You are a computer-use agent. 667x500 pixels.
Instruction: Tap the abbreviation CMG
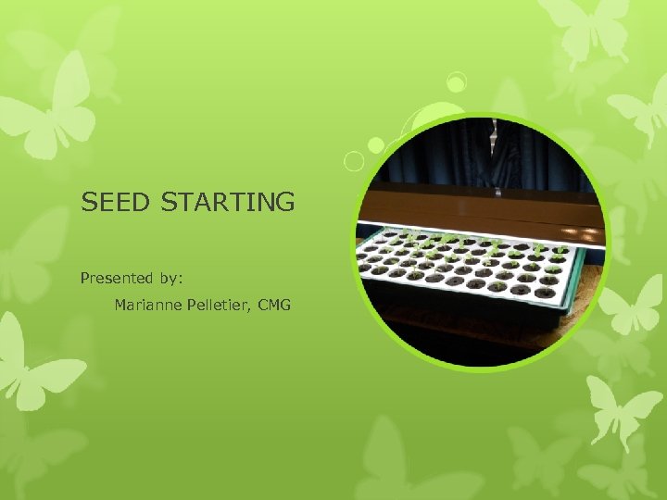(275, 305)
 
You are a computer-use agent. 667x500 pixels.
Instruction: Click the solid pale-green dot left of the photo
(376, 145)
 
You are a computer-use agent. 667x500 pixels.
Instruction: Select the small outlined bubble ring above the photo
(455, 83)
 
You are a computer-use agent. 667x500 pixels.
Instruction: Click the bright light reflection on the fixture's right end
(584, 228)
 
